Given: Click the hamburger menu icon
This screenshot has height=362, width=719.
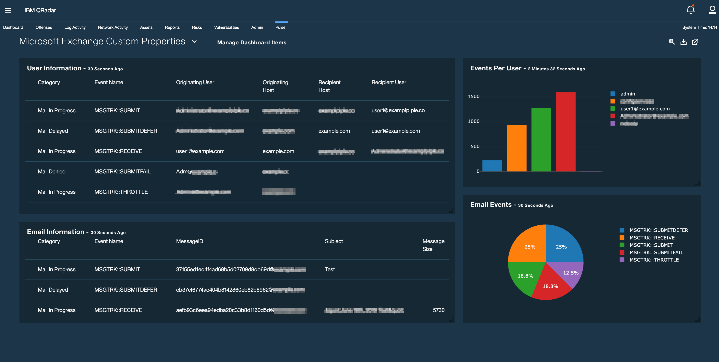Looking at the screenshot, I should point(8,10).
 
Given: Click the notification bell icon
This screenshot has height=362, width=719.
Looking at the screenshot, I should point(690,10).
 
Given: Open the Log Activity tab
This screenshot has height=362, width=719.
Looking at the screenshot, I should point(75,27).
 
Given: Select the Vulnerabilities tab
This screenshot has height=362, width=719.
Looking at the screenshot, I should point(226,27).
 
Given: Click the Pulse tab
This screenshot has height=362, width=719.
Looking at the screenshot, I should point(280,27).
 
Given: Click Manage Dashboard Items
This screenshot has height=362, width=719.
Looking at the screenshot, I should point(251,42).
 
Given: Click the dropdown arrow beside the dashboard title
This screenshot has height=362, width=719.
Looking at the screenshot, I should point(195,42).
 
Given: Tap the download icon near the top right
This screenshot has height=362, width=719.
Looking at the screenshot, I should point(683,42).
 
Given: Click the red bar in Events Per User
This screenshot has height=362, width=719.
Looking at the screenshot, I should point(566,131).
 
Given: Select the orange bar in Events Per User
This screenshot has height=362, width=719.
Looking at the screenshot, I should point(516,148).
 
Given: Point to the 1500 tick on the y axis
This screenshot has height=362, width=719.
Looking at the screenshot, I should point(473,96).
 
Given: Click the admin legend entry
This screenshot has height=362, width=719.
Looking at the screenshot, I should point(628,94).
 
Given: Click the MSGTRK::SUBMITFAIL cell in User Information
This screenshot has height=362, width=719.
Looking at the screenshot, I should point(122,172).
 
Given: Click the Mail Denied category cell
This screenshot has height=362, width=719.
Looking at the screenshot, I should point(52,172).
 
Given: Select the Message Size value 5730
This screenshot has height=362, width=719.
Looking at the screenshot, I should point(438,310).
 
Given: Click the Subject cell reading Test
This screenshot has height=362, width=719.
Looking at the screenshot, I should point(330,270).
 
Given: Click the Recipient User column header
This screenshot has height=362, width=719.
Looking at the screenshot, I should point(388,82).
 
